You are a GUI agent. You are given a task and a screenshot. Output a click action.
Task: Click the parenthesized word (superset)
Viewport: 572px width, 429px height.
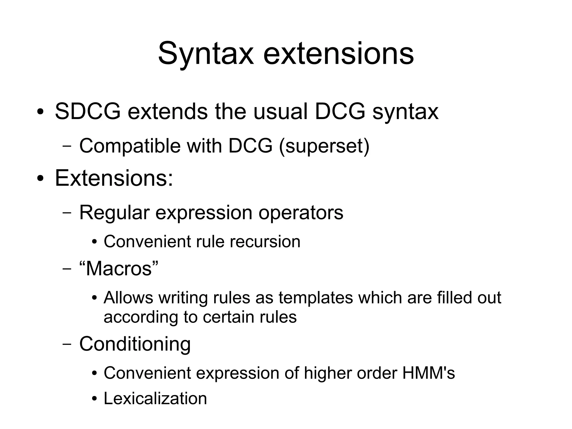click(324, 146)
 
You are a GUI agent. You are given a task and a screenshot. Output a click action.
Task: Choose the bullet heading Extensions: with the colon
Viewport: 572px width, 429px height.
click(114, 178)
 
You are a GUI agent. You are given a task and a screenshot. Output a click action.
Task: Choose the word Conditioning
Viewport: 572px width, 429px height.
click(135, 344)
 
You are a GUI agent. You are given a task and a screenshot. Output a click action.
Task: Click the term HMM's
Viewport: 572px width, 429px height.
click(428, 373)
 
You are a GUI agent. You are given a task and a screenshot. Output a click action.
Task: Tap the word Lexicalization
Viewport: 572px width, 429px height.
click(155, 399)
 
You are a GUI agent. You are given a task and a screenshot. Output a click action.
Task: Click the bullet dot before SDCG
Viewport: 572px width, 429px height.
click(40, 112)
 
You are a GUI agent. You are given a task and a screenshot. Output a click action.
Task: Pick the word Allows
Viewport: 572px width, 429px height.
click(128, 298)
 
